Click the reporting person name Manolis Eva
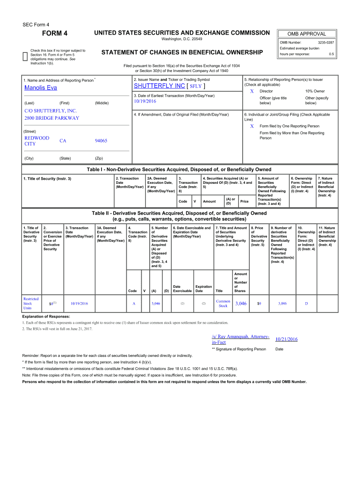click(x=41, y=88)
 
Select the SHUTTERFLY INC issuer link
click(x=159, y=86)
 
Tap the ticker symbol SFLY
click(x=195, y=87)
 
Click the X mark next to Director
click(x=252, y=91)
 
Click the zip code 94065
click(x=101, y=141)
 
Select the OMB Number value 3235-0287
click(x=326, y=43)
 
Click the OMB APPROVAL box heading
click(x=307, y=34)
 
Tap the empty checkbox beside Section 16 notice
click(x=25, y=57)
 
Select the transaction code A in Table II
click(x=134, y=304)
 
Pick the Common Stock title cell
click(x=223, y=304)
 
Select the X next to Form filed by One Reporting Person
click(x=252, y=126)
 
